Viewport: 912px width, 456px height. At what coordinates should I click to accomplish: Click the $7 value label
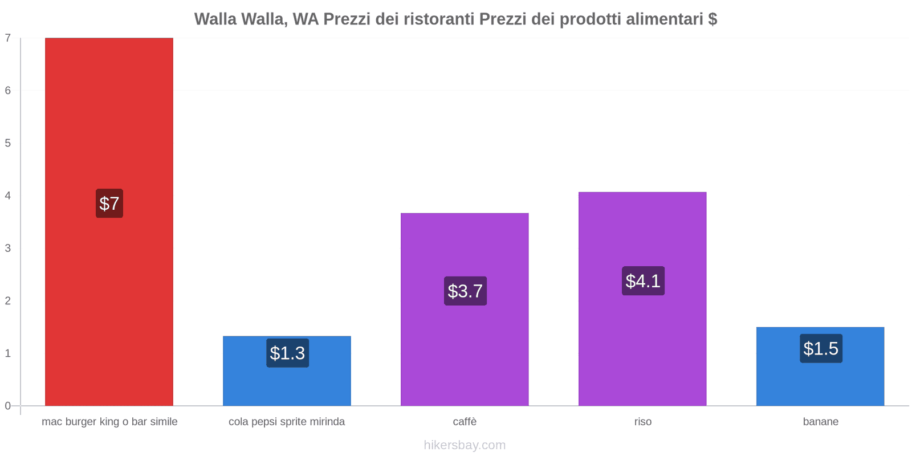click(x=109, y=203)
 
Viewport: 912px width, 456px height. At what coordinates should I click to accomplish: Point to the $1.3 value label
click(x=287, y=353)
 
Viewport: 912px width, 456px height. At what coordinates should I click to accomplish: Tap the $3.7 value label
click(x=465, y=291)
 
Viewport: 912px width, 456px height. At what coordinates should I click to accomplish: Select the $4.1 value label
click(x=643, y=280)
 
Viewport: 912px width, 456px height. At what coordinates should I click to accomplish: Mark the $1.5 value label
click(x=821, y=348)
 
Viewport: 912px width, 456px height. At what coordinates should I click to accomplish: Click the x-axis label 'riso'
click(x=642, y=422)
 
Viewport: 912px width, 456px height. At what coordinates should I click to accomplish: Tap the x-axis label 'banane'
click(x=820, y=422)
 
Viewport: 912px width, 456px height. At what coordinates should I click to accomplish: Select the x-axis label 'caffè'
click(x=465, y=422)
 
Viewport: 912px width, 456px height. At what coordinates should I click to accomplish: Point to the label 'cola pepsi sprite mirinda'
click(x=287, y=422)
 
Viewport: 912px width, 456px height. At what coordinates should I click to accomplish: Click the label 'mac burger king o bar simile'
click(x=109, y=422)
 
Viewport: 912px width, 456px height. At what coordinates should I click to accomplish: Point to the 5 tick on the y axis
click(x=8, y=143)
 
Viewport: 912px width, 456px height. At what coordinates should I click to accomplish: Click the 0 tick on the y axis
click(x=8, y=406)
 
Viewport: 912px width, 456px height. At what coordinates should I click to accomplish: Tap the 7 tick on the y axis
click(x=8, y=38)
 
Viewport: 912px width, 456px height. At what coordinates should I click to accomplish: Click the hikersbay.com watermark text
click(x=465, y=445)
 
